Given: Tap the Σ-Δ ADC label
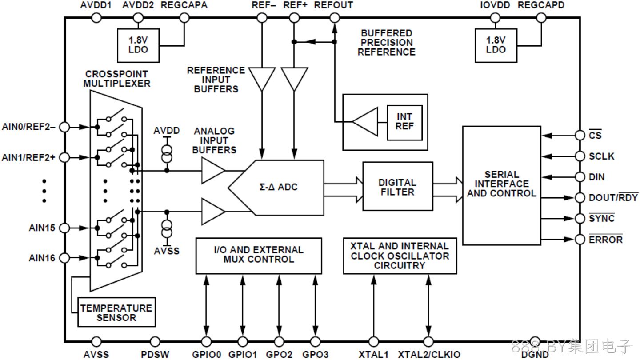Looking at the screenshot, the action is click(278, 187).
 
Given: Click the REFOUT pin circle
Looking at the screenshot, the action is click(335, 18).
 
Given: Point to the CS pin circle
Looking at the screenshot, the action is click(580, 135).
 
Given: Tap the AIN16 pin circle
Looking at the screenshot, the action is click(64, 258).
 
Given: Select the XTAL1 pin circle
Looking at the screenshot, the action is click(373, 341).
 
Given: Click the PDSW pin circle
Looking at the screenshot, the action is click(155, 341).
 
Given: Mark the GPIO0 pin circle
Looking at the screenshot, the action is click(206, 341).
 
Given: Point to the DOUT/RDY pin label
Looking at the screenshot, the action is click(613, 197).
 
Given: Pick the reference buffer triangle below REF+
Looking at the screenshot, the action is click(294, 78).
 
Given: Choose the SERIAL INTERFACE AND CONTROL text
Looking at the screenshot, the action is click(502, 184).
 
